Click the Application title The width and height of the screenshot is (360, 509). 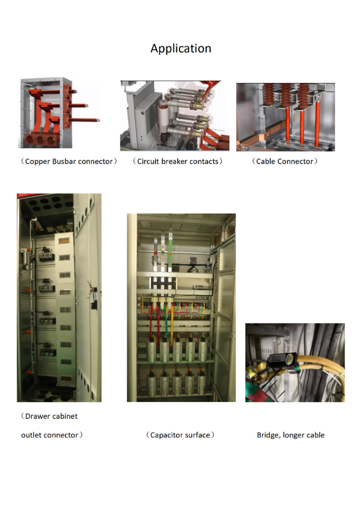(180, 48)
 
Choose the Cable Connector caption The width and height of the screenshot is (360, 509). (285, 161)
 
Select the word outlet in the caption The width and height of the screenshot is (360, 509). (32, 435)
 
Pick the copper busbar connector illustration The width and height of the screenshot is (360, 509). (60, 113)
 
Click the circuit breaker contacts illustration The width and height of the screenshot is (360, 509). (175, 116)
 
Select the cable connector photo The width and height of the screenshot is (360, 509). (286, 117)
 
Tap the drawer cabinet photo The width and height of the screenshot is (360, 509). (59, 297)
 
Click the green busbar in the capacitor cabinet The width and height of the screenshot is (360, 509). (170, 252)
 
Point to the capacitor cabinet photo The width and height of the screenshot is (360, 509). (181, 308)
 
